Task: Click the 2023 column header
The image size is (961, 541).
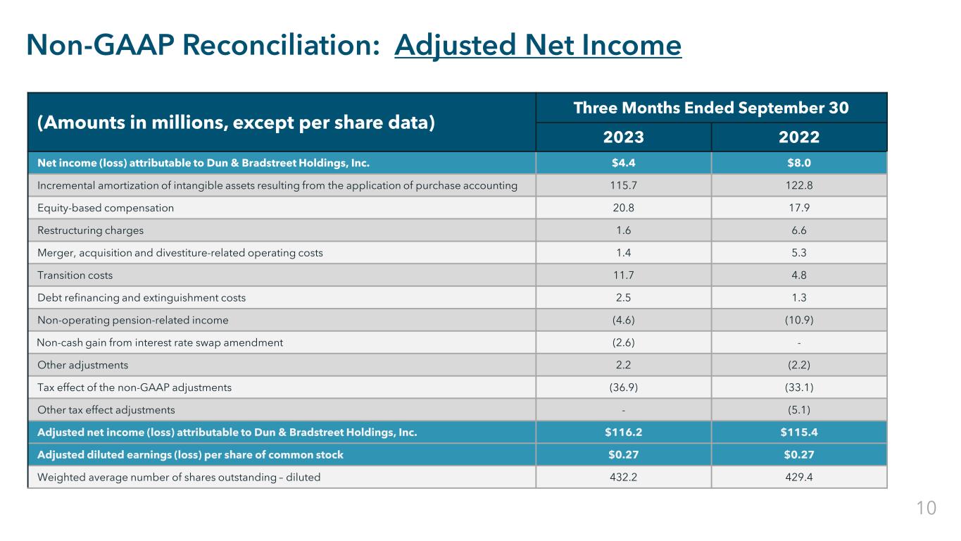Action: click(x=623, y=137)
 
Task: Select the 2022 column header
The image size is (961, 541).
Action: click(x=799, y=137)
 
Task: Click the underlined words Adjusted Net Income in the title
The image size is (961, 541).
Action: click(x=539, y=46)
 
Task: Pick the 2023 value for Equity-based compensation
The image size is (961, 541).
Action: click(x=623, y=208)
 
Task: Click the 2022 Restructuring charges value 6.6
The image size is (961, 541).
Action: click(x=799, y=230)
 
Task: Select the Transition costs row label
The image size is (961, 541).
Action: click(x=75, y=275)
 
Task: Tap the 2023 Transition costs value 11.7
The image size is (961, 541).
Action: click(x=623, y=275)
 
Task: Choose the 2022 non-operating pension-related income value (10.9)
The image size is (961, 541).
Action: click(x=799, y=321)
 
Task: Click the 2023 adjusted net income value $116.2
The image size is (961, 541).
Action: click(x=623, y=433)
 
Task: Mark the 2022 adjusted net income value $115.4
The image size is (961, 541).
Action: click(x=799, y=433)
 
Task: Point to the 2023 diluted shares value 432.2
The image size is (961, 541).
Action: click(x=623, y=477)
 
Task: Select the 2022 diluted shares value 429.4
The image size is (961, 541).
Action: click(x=799, y=477)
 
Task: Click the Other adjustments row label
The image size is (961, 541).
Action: click(x=83, y=365)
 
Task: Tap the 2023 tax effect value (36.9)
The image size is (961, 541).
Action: click(x=623, y=387)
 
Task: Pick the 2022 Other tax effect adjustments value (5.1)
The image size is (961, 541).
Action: click(x=799, y=410)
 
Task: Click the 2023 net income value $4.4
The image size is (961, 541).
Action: click(x=623, y=163)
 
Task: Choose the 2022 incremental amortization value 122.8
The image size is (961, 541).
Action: click(x=799, y=185)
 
